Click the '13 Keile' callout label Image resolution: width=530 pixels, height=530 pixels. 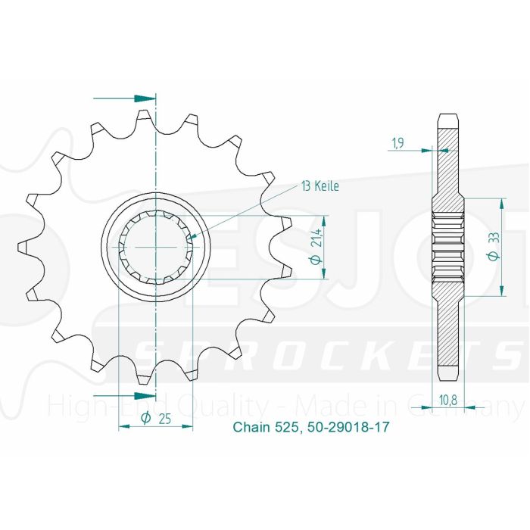point(320,185)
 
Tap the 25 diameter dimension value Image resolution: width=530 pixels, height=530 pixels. point(165,418)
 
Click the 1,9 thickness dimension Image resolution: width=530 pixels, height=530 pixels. point(397,142)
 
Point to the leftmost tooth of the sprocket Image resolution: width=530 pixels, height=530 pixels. point(23,247)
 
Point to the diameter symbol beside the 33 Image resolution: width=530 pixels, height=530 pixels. point(493,257)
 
